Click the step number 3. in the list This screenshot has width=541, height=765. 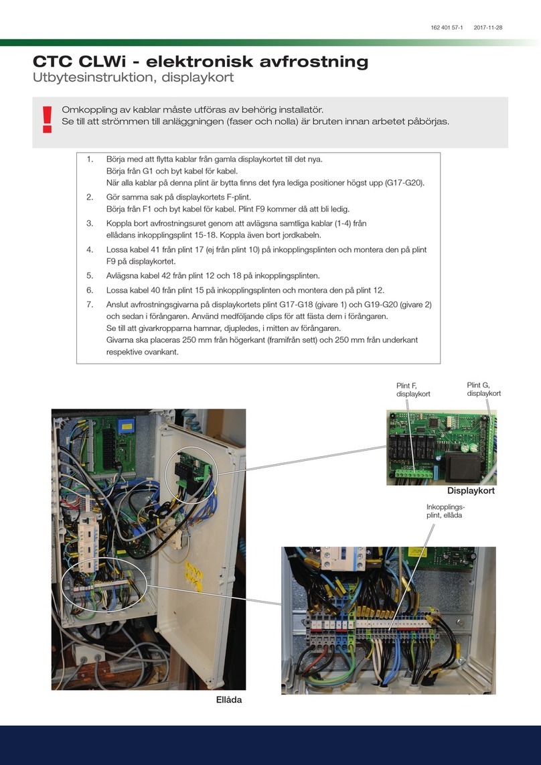coord(90,222)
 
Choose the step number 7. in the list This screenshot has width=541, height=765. coord(90,303)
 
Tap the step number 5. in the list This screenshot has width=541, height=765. coord(90,275)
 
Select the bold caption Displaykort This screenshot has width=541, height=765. coord(471,491)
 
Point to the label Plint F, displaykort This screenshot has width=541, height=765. coord(413,390)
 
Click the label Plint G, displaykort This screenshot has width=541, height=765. coord(483,389)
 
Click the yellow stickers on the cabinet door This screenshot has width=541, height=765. coord(194,572)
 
